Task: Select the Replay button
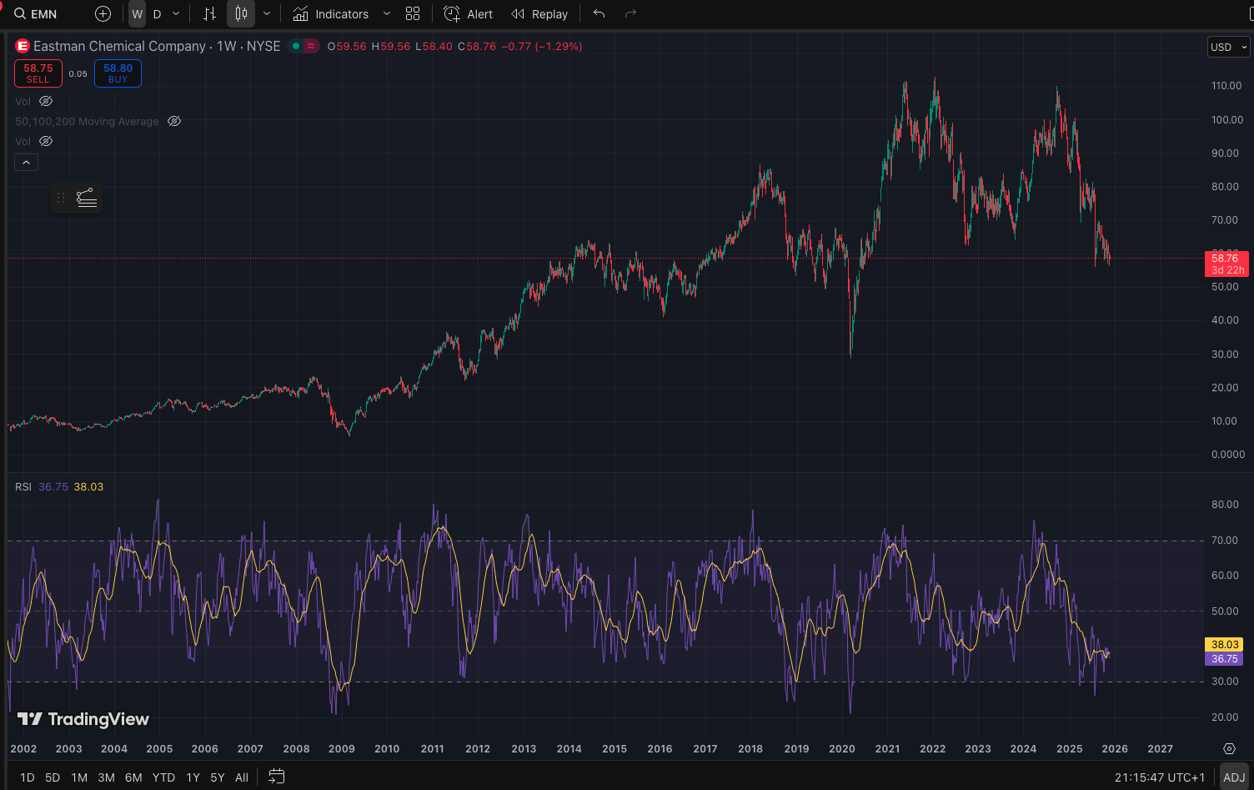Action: [x=539, y=14]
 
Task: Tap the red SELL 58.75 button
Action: [x=38, y=73]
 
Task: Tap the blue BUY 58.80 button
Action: [x=118, y=73]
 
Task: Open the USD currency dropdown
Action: [x=1228, y=47]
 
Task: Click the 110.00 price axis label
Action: [x=1226, y=86]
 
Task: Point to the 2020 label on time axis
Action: [x=842, y=748]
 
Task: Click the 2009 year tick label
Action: [x=342, y=748]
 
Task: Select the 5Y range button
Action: [x=218, y=777]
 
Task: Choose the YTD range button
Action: [x=163, y=777]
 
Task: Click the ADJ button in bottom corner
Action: [x=1234, y=777]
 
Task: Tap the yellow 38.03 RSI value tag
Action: [x=1225, y=644]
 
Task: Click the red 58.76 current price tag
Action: [x=1226, y=264]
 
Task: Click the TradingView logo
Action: [x=83, y=719]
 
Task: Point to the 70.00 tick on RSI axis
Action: [x=1225, y=541]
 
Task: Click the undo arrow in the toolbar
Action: [x=599, y=14]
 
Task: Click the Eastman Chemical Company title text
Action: [x=119, y=47]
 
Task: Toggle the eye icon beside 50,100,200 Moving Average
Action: [x=174, y=121]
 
